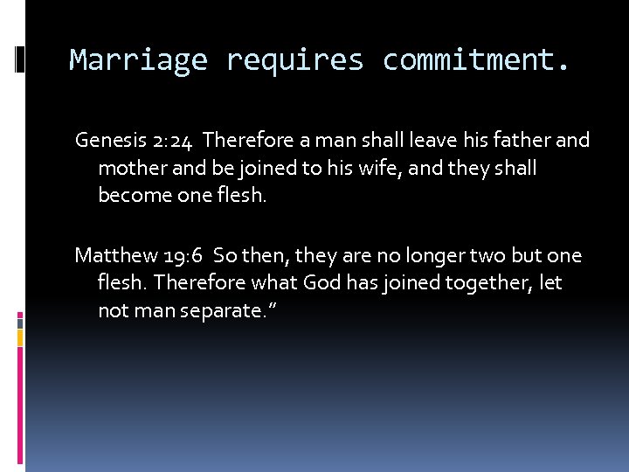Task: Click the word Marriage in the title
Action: pos(138,60)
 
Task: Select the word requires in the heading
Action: pos(294,60)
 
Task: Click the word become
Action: pos(131,196)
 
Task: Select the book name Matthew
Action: pos(116,255)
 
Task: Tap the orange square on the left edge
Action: pos(19,335)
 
